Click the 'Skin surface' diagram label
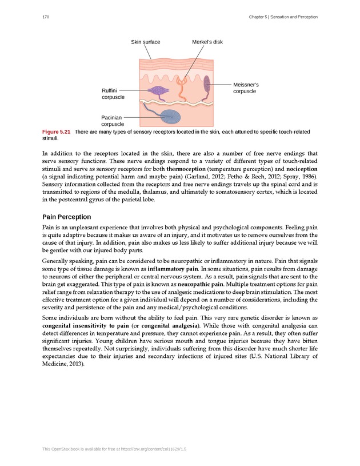click(145, 42)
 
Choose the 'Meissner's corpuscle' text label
click(245, 87)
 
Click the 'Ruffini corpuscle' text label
click(113, 94)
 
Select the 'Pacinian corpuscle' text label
click(113, 121)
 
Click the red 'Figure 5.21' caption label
click(56, 132)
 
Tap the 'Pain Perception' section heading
click(66, 217)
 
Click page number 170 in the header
click(47, 18)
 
